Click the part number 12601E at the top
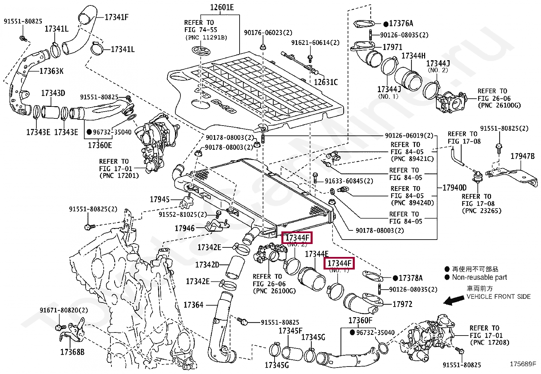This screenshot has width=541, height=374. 222,7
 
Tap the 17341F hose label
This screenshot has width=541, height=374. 117,17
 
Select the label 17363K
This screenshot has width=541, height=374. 51,71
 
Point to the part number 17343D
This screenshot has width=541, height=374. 53,93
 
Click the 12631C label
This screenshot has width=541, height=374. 326,82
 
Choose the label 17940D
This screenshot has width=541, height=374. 455,188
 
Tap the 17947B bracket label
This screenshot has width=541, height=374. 523,156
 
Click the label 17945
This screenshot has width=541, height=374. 160,199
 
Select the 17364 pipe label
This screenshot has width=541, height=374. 193,305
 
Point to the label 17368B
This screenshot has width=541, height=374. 72,352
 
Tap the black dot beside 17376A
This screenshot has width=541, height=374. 386,24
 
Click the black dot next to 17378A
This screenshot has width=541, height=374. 395,278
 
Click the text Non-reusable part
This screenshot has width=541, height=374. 479,277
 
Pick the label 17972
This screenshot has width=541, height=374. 402,304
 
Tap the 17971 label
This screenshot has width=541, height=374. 392,47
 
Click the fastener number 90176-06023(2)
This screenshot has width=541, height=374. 268,33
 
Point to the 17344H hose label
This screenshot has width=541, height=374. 414,56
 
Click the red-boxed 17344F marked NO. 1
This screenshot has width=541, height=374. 339,263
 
